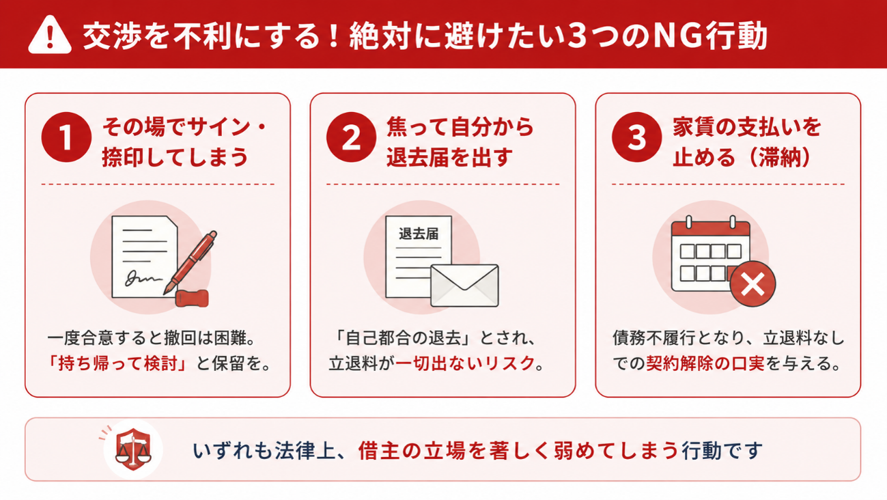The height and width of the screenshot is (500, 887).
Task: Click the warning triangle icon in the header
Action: pyautogui.click(x=50, y=35)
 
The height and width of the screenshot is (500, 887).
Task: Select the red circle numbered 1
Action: pyautogui.click(x=66, y=137)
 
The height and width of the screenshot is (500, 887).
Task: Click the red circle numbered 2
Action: pyautogui.click(x=351, y=137)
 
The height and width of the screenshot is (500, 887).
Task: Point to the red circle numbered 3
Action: pyautogui.click(x=636, y=137)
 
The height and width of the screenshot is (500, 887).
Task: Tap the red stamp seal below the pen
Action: pyautogui.click(x=192, y=298)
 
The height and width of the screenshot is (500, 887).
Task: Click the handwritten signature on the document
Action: pyautogui.click(x=143, y=278)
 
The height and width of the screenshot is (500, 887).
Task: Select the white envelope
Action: pyautogui.click(x=464, y=286)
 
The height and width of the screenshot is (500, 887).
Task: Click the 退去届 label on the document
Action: pyautogui.click(x=419, y=234)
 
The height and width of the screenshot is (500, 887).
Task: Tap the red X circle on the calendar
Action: pyautogui.click(x=752, y=284)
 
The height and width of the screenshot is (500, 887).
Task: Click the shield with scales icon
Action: pyautogui.click(x=133, y=449)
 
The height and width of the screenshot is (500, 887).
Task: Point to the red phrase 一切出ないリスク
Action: pyautogui.click(x=465, y=363)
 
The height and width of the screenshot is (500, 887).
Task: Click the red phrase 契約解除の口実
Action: pyautogui.click(x=705, y=363)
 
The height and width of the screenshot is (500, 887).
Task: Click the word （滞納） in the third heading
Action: pyautogui.click(x=780, y=157)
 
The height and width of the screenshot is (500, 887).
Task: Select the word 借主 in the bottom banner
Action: pyautogui.click(x=378, y=451)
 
